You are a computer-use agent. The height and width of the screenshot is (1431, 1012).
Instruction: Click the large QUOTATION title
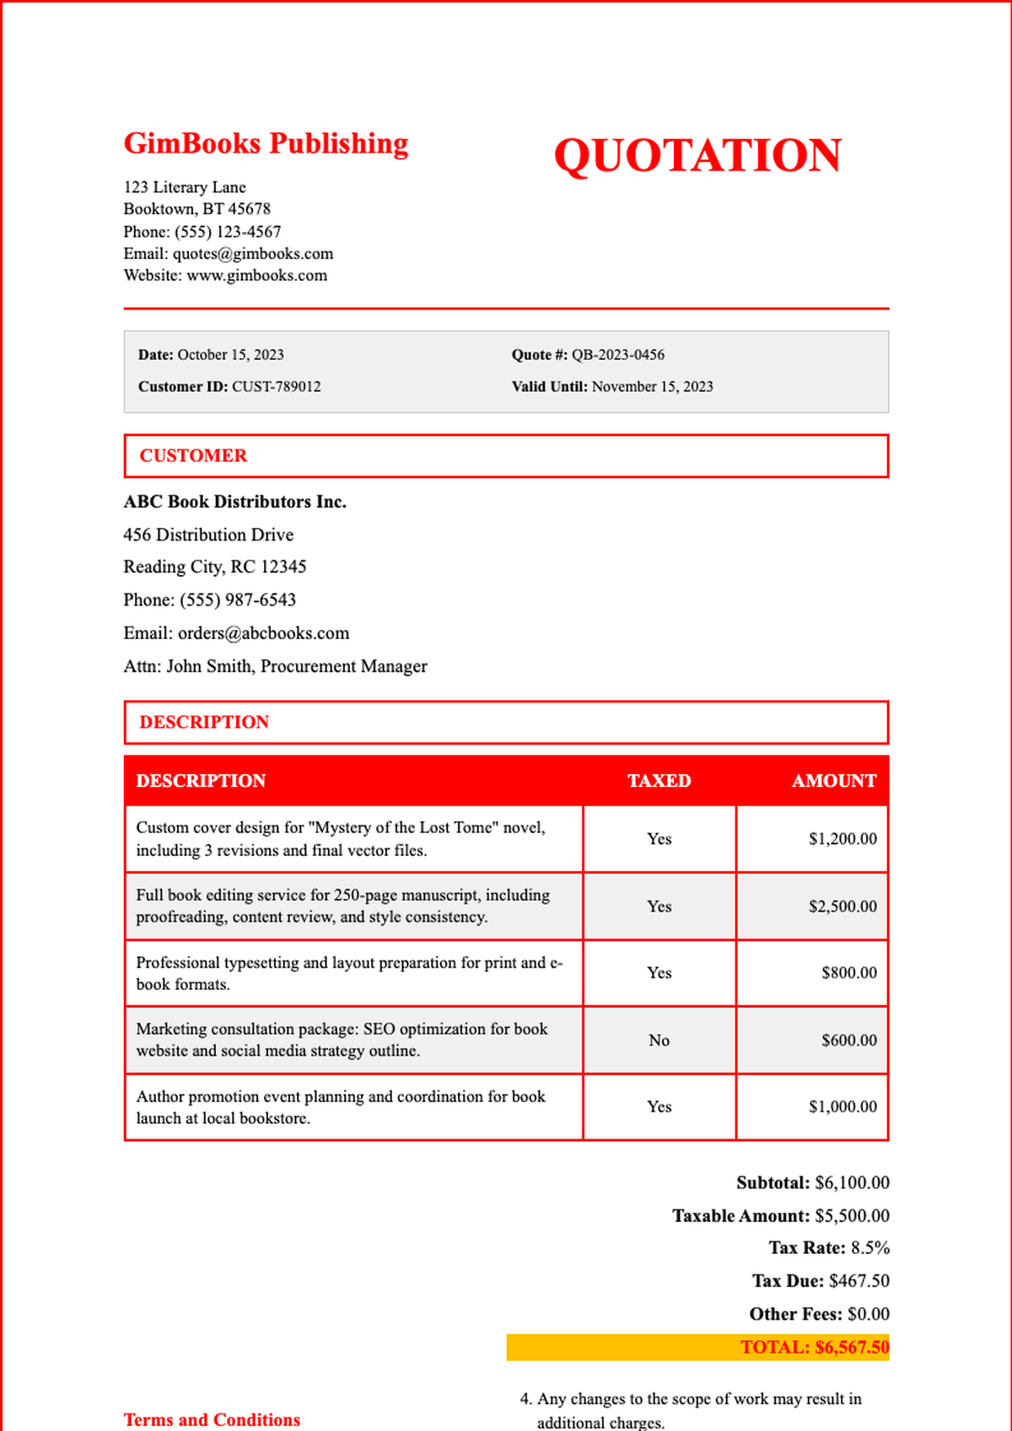(697, 156)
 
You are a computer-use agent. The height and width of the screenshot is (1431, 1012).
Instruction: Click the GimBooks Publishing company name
(266, 143)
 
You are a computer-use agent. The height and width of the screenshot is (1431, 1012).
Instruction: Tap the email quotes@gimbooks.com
(253, 254)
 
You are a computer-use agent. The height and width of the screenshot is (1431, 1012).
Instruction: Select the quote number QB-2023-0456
(618, 355)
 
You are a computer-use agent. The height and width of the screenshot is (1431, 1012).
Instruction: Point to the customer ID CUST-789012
(277, 387)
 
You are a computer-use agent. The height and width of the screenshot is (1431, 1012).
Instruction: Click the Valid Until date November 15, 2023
(652, 387)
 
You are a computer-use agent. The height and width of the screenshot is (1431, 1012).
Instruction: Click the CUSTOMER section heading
(193, 456)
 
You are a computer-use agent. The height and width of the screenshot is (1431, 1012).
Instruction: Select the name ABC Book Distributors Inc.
(235, 502)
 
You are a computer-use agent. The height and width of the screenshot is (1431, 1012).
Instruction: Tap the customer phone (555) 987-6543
(238, 600)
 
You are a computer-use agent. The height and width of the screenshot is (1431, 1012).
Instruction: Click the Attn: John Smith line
(275, 666)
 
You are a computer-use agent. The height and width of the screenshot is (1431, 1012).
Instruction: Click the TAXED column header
(659, 781)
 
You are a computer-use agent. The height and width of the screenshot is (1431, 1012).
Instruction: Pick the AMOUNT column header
(833, 781)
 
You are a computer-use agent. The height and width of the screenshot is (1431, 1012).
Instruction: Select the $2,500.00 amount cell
(842, 906)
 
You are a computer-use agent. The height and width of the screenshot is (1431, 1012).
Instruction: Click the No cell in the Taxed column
(659, 1041)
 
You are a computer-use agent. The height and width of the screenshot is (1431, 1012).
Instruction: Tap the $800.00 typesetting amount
(849, 973)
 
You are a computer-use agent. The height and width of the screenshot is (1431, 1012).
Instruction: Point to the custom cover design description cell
(341, 839)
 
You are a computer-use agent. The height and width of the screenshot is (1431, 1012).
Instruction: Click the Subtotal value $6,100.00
(852, 1183)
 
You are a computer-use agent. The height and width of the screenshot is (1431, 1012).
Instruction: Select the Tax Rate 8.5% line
(829, 1248)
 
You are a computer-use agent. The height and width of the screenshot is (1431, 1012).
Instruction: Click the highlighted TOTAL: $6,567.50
(814, 1348)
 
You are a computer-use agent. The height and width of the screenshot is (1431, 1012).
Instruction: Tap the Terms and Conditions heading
(212, 1420)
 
